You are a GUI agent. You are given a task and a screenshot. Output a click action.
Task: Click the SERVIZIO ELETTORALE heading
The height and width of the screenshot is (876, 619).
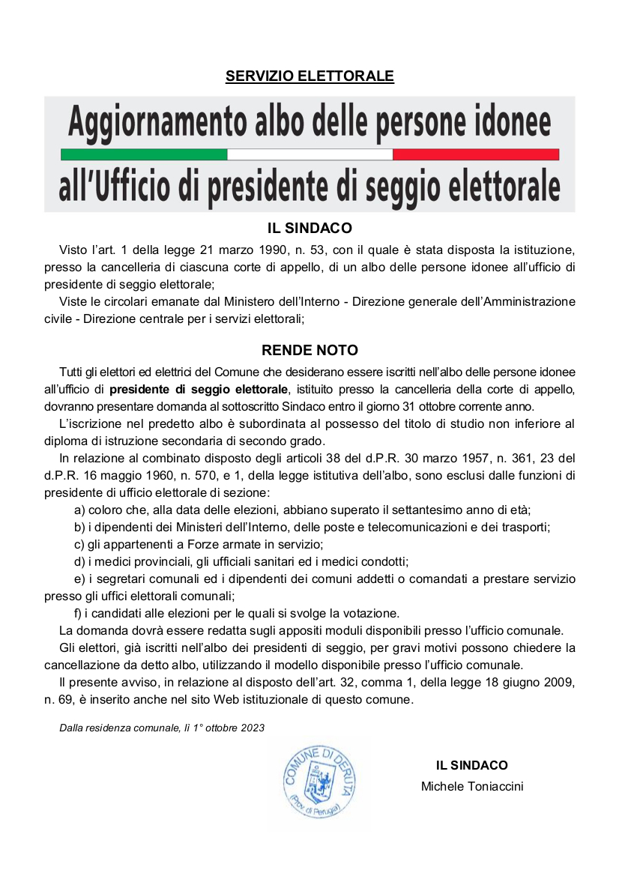tap(309, 76)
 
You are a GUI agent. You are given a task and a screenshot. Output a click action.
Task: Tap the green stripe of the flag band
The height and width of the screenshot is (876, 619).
tap(143, 154)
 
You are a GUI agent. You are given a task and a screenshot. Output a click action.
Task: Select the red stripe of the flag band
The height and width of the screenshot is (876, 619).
tap(476, 154)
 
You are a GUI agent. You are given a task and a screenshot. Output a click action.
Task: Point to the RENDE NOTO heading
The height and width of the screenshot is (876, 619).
tap(309, 350)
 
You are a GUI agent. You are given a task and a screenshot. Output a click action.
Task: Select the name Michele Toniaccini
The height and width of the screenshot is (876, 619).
tap(472, 786)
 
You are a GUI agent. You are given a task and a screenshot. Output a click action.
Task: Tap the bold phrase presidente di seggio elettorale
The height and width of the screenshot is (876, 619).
tap(199, 389)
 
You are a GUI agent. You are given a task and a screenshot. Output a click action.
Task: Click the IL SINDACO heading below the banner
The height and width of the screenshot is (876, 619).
tap(309, 228)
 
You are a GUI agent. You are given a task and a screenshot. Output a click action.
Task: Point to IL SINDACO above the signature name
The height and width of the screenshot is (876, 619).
tap(472, 765)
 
